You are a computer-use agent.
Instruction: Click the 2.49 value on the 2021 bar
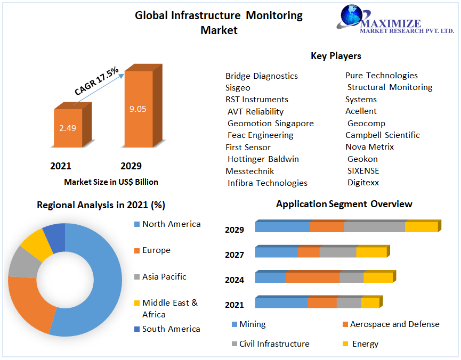(68, 128)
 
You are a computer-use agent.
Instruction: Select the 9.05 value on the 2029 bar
(138, 109)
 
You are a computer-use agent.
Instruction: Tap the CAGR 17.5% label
(96, 81)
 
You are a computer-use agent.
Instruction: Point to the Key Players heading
(336, 56)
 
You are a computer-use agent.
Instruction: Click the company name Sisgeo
(238, 88)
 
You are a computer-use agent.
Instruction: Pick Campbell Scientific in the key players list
(383, 135)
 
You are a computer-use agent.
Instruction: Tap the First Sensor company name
(248, 148)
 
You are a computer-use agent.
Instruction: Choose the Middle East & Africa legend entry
(169, 308)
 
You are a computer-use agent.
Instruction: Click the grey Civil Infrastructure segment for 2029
(374, 226)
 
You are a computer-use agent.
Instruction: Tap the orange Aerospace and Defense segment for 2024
(312, 277)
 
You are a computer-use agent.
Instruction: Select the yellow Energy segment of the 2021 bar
(370, 302)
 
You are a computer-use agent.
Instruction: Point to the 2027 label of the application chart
(234, 255)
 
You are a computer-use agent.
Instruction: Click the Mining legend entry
(252, 324)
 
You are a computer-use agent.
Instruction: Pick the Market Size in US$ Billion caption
(111, 182)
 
